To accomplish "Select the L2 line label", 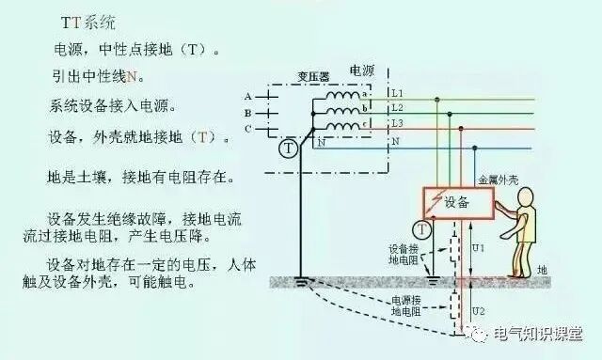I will [397, 108].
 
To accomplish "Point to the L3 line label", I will [397, 124].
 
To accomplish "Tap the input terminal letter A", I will [247, 96].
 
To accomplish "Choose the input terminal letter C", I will [247, 128].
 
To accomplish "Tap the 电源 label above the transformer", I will [362, 70].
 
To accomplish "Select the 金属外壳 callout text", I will [499, 179].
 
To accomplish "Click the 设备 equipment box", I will [458, 202].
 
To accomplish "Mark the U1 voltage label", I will [477, 248].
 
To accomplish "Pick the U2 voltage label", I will [477, 311].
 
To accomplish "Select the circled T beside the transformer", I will [289, 148].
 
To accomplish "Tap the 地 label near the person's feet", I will [542, 270].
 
